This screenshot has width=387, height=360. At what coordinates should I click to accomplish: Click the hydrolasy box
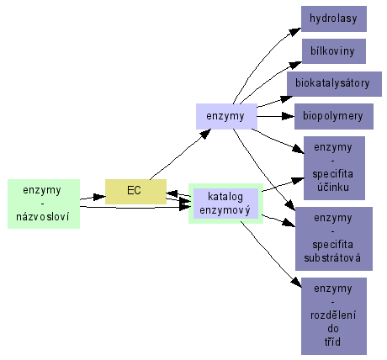tap(334, 19)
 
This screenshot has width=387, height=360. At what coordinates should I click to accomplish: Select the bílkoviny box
tap(334, 51)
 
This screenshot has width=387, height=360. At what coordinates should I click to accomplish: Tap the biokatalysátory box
tap(334, 84)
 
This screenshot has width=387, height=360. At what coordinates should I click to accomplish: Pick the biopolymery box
tap(334, 116)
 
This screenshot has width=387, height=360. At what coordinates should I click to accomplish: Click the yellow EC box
tap(135, 192)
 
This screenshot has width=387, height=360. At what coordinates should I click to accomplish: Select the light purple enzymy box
tap(226, 116)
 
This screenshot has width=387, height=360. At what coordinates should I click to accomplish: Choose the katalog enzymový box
tap(225, 204)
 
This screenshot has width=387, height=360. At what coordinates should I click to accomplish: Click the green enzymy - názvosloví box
tap(44, 204)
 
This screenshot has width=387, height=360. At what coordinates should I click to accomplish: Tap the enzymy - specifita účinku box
tap(334, 168)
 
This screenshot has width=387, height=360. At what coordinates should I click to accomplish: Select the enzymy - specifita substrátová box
tap(334, 239)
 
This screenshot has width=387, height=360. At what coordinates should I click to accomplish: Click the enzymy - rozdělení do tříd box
tap(334, 316)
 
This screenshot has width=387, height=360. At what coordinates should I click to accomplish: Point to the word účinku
tap(333, 187)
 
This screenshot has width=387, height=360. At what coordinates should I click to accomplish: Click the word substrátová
tap(332, 258)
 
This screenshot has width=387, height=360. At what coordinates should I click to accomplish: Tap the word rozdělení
tap(333, 315)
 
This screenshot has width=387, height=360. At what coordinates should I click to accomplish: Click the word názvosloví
tap(42, 216)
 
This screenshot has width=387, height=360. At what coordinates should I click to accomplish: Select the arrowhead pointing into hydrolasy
tap(295, 31)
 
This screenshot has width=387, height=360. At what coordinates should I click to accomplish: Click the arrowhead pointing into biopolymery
tap(288, 116)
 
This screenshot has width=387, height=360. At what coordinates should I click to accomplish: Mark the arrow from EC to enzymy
tap(180, 155)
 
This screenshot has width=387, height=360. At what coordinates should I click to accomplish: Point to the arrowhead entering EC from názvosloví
tap(99, 197)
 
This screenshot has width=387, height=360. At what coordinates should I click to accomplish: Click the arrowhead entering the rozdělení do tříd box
tap(297, 283)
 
